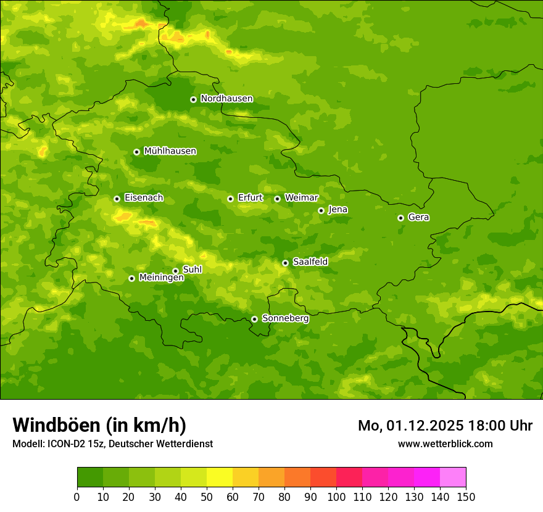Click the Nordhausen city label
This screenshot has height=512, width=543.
pyautogui.click(x=226, y=99)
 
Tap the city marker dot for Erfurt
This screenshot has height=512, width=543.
pyautogui.click(x=230, y=199)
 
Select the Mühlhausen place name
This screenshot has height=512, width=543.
pyautogui.click(x=170, y=151)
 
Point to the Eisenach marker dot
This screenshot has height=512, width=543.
pyautogui.click(x=117, y=199)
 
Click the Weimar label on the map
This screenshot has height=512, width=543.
pyautogui.click(x=301, y=198)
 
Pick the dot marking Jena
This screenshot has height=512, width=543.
pyautogui.click(x=321, y=210)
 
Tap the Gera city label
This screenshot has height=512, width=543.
pyautogui.click(x=418, y=217)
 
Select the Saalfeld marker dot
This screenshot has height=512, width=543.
pyautogui.click(x=285, y=263)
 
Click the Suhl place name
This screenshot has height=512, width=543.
pyautogui.click(x=192, y=270)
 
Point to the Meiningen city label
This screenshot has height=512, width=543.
pyautogui.click(x=161, y=278)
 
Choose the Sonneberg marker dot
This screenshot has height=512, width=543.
pyautogui.click(x=254, y=319)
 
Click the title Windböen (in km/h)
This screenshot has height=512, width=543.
pyautogui.click(x=99, y=425)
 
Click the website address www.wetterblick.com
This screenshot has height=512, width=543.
pyautogui.click(x=445, y=444)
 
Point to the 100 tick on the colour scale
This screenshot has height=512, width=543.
pyautogui.click(x=336, y=497)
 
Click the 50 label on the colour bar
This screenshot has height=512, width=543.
pyautogui.click(x=207, y=497)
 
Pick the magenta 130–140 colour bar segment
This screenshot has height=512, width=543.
pyautogui.click(x=427, y=477)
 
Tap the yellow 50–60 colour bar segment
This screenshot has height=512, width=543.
pyautogui.click(x=220, y=477)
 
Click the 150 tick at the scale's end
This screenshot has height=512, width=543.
pyautogui.click(x=465, y=497)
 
